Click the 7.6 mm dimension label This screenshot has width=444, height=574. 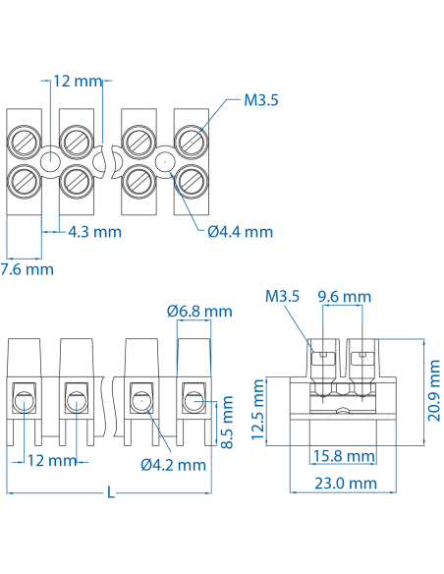[28, 268]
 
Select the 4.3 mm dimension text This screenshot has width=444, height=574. [94, 232]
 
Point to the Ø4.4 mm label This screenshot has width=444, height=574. [240, 232]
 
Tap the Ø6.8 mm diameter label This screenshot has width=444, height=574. [199, 312]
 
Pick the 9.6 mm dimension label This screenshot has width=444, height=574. [345, 296]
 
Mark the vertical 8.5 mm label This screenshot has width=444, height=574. [228, 422]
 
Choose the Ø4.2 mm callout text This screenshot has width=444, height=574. [173, 464]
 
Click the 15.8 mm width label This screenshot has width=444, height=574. [343, 456]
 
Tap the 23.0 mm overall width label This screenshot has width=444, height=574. [345, 483]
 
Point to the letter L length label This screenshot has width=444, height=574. [110, 493]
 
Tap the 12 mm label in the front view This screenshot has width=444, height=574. [51, 460]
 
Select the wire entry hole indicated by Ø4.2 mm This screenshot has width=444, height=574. [140, 400]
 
